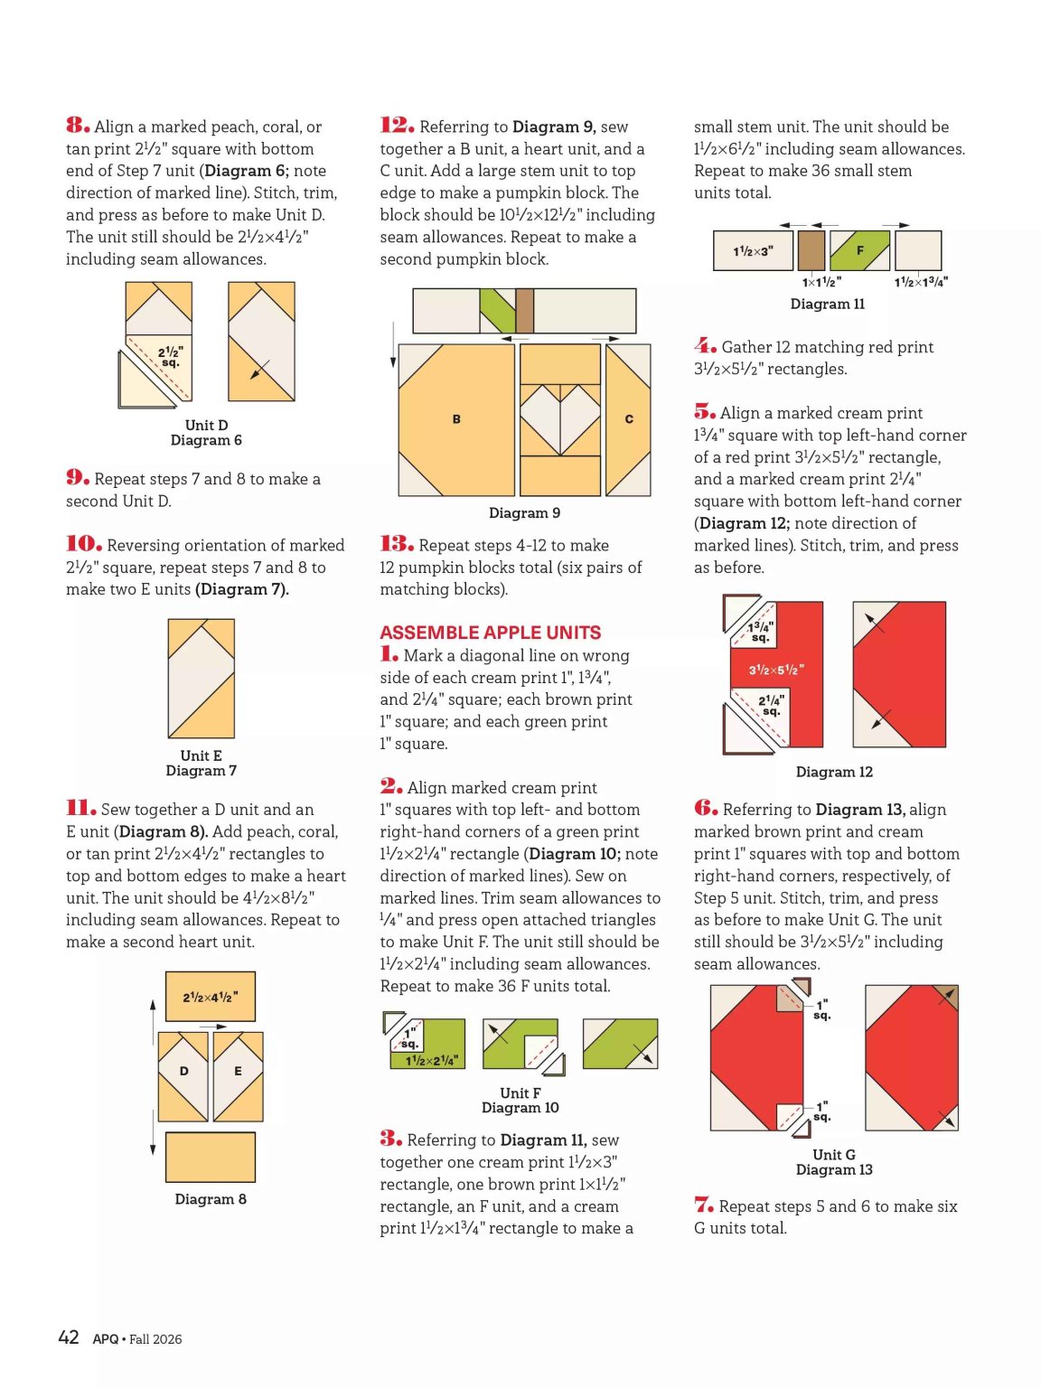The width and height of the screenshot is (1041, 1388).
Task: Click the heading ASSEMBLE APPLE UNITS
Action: pyautogui.click(x=490, y=633)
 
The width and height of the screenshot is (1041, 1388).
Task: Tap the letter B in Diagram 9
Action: pyautogui.click(x=456, y=418)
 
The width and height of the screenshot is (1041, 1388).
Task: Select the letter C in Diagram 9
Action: pyautogui.click(x=628, y=418)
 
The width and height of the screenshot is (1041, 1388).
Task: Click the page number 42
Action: pyautogui.click(x=69, y=1336)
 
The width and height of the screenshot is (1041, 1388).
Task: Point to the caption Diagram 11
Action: pyautogui.click(x=828, y=305)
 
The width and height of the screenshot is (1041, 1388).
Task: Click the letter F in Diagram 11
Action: pyautogui.click(x=859, y=250)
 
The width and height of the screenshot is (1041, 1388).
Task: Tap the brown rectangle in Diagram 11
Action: pyautogui.click(x=812, y=250)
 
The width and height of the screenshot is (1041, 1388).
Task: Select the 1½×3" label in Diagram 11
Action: pyautogui.click(x=753, y=251)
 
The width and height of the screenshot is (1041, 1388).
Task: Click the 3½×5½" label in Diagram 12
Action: pyautogui.click(x=776, y=670)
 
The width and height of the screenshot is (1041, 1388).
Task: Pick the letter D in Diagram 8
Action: pyautogui.click(x=184, y=1071)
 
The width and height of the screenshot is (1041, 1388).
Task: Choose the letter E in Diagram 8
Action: pyautogui.click(x=238, y=1071)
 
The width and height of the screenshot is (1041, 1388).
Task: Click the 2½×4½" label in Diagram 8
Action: pyautogui.click(x=211, y=998)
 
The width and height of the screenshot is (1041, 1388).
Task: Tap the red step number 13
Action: pyautogui.click(x=397, y=544)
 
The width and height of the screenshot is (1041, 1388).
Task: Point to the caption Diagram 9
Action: pyautogui.click(x=525, y=513)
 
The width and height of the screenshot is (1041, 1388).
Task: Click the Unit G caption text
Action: pyautogui.click(x=834, y=1155)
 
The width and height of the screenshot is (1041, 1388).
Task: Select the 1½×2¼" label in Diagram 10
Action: pyautogui.click(x=432, y=1061)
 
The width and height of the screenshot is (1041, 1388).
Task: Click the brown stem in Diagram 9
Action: pyautogui.click(x=525, y=311)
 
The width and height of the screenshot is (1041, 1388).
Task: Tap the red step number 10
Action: pyautogui.click(x=84, y=544)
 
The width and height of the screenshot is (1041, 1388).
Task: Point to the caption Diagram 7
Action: pyautogui.click(x=201, y=771)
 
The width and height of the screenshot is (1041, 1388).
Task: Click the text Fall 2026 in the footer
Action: pyautogui.click(x=155, y=1338)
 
